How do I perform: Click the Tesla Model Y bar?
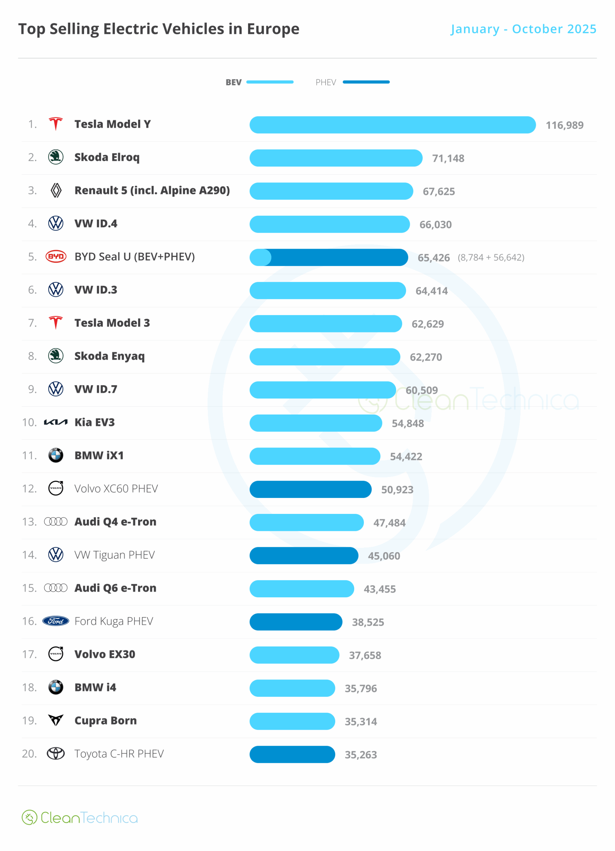[392, 125]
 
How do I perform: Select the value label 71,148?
[448, 158]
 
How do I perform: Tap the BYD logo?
[56, 257]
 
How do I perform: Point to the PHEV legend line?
[366, 82]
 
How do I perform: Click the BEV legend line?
[269, 82]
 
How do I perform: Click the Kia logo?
[56, 423]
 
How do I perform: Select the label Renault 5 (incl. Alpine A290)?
[152, 190]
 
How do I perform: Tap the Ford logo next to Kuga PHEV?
[56, 621]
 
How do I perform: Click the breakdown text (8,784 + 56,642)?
[491, 257]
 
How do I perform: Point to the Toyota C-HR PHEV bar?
[292, 754]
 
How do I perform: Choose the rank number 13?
[29, 522]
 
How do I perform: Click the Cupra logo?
[56, 720]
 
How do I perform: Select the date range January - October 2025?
[524, 29]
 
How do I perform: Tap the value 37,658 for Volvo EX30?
[365, 656]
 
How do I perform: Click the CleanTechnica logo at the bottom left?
[79, 818]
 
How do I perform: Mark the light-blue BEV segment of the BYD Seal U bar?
[260, 257]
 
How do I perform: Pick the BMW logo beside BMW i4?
[56, 687]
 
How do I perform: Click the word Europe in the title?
[273, 29]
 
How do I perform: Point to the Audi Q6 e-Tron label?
[115, 588]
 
